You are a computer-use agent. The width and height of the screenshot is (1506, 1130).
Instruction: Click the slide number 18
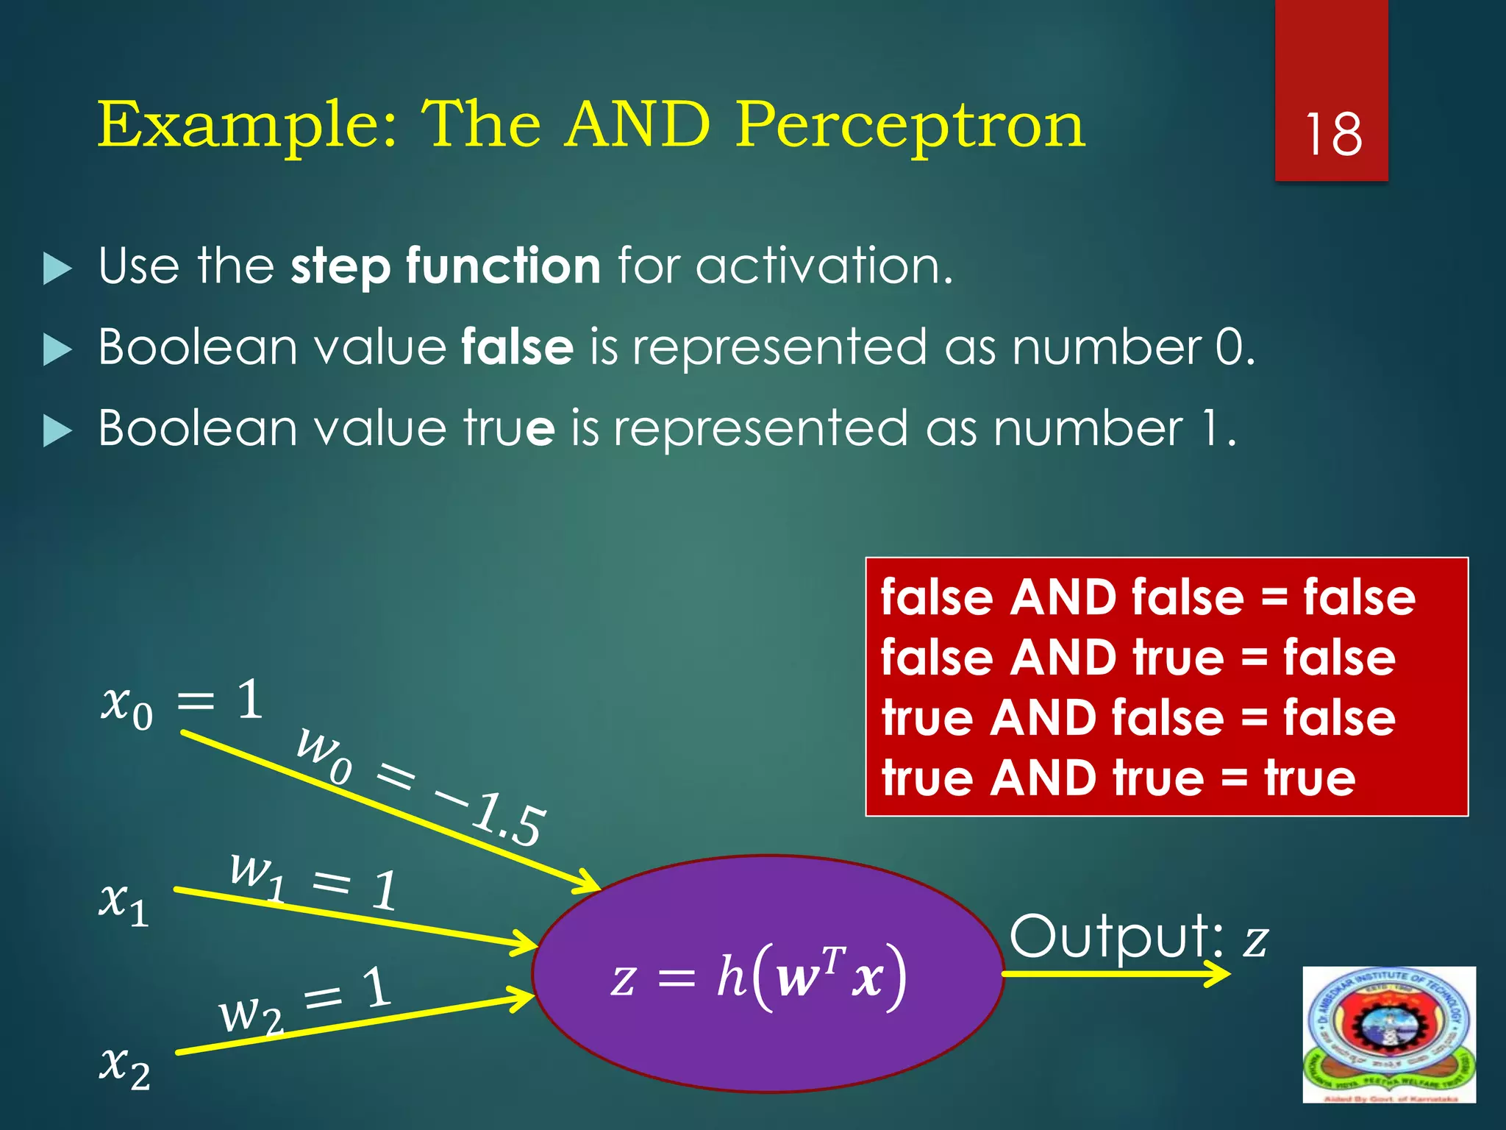(x=1332, y=135)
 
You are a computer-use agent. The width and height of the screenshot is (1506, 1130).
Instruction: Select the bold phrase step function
(x=446, y=266)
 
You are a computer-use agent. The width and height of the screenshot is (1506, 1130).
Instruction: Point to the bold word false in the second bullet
(x=517, y=347)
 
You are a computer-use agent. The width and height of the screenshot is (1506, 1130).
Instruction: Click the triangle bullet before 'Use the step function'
(x=57, y=268)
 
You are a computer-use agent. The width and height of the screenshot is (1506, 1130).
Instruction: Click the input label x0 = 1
(x=182, y=702)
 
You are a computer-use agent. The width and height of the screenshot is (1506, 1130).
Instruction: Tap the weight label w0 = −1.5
(x=421, y=786)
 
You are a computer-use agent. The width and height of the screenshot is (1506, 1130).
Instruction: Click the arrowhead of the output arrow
(x=1217, y=974)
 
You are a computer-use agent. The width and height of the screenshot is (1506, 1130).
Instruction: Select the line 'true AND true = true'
(x=1118, y=778)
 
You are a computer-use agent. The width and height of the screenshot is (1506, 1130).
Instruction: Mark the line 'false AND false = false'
(x=1147, y=597)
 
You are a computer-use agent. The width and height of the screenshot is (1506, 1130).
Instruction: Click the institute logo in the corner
(x=1388, y=1034)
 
